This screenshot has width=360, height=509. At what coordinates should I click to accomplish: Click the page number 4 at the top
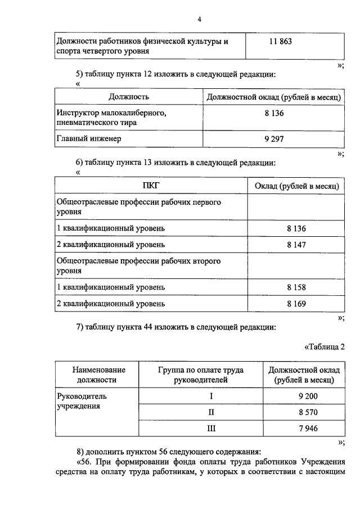pos(199,20)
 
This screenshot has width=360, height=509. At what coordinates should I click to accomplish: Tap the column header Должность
pos(129,97)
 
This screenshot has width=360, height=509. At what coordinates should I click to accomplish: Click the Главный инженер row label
pos(89,138)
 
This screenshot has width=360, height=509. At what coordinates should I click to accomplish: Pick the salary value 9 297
pos(273,138)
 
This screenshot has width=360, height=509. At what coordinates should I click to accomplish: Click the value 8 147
pos(296,245)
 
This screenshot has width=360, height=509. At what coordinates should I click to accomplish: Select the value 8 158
pos(296,287)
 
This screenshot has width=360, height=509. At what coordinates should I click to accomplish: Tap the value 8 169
pos(296,304)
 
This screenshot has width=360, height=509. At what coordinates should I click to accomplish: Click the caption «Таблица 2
pos(324,346)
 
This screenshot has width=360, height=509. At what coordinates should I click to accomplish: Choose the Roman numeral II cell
pos(211,412)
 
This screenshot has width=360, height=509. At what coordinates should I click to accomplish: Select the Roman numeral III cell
pos(211,429)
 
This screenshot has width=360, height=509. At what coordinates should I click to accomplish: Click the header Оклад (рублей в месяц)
pos(296,186)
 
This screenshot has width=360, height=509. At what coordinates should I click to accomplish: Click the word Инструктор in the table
pos(78,113)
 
